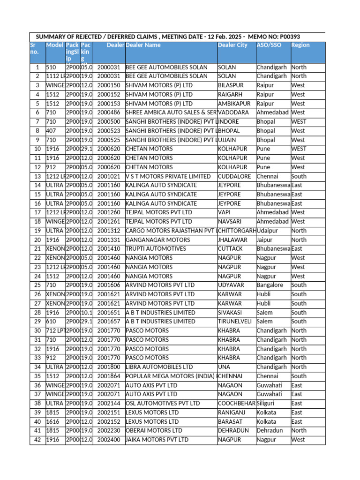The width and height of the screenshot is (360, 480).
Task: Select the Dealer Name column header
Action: click(143, 45)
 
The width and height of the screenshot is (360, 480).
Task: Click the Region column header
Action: click(300, 45)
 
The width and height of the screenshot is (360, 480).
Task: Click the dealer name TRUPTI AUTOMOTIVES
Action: click(156, 249)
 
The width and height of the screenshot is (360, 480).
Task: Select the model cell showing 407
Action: click(51, 131)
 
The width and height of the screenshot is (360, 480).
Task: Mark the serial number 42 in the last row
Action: click(37, 440)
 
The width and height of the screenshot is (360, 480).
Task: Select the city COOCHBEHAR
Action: click(237, 403)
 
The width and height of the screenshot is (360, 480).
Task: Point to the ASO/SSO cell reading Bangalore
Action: click(270, 285)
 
